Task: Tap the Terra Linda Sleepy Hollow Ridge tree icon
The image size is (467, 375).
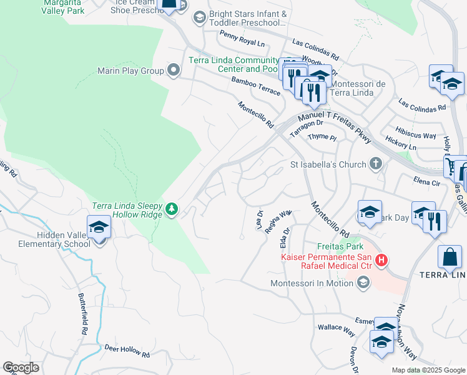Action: pyautogui.click(x=173, y=208)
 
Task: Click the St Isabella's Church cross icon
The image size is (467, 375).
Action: pyautogui.click(x=375, y=165)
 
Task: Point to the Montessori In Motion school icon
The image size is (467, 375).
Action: pyautogui.click(x=362, y=283)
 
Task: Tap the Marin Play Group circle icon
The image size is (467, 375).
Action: pyautogui.click(x=173, y=71)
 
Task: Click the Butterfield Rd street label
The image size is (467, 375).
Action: pyautogui.click(x=84, y=313)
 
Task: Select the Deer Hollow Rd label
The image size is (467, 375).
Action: pyautogui.click(x=127, y=351)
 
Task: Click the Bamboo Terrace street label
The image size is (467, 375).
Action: pyautogui.click(x=255, y=86)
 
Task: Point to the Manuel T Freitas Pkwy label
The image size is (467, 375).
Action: pyautogui.click(x=334, y=126)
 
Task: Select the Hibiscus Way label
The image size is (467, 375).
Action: pyautogui.click(x=416, y=135)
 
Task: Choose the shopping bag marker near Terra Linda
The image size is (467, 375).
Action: pyautogui.click(x=449, y=256)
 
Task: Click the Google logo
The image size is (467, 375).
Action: pyautogui.click(x=21, y=367)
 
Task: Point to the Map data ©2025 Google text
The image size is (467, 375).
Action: pyautogui.click(x=428, y=370)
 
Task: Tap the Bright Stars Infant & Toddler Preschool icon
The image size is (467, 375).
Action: pyautogui.click(x=200, y=17)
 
